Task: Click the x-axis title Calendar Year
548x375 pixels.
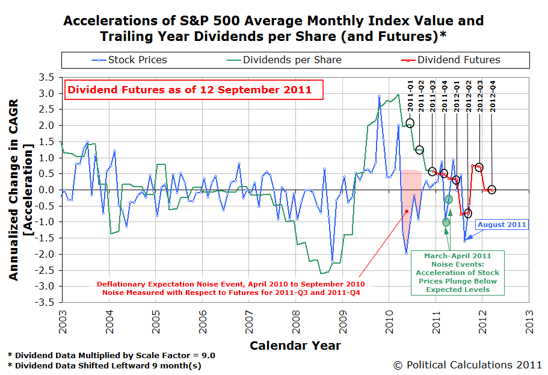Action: click(x=295, y=346)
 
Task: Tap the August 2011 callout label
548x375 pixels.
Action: click(x=502, y=225)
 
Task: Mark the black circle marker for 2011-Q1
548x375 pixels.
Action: click(x=410, y=123)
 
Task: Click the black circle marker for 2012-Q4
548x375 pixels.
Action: click(x=491, y=190)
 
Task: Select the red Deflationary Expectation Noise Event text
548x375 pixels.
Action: click(x=231, y=288)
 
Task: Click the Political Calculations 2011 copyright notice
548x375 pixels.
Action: click(x=467, y=364)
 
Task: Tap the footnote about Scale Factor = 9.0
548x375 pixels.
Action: click(x=111, y=355)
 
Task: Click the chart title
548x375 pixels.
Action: click(x=274, y=28)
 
